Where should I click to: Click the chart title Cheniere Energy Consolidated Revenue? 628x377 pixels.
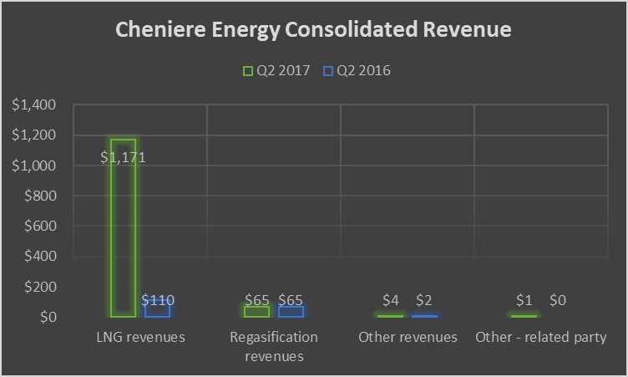click(x=313, y=31)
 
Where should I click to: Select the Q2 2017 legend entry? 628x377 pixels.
click(x=276, y=70)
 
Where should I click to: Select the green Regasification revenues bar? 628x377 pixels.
click(x=256, y=311)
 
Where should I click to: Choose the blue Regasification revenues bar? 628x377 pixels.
click(x=290, y=311)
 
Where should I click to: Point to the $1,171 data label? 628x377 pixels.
click(x=123, y=157)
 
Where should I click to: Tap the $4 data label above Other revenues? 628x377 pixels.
click(x=391, y=299)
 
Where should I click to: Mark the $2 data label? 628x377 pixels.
click(x=424, y=299)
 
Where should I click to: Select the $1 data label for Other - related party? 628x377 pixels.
click(x=524, y=299)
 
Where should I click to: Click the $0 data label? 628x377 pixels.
click(x=558, y=299)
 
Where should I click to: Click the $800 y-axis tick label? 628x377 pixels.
click(x=38, y=196)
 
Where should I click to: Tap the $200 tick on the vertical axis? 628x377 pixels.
click(x=38, y=287)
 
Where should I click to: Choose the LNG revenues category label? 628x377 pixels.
click(x=139, y=338)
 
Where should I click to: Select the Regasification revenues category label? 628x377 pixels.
click(x=274, y=347)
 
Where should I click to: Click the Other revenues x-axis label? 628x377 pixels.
click(x=408, y=338)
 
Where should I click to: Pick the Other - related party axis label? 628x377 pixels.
click(x=541, y=338)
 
